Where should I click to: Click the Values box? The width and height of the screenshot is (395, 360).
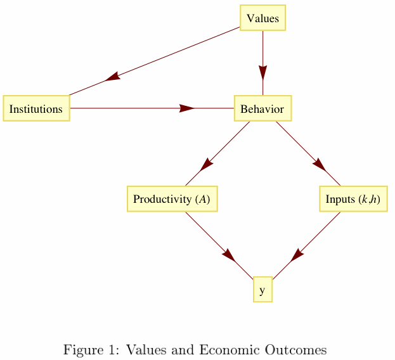262,18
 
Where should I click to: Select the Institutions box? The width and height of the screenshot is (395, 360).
36,108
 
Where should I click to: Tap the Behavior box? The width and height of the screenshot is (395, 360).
262,108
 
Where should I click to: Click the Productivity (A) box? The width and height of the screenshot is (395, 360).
172,199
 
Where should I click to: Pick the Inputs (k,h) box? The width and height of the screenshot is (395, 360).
353,199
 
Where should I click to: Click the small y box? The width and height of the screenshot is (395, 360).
262,290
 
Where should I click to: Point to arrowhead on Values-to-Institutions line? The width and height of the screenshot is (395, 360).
113,77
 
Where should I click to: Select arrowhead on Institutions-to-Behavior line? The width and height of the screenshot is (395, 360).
186,108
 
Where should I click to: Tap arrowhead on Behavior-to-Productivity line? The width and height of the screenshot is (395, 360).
206,165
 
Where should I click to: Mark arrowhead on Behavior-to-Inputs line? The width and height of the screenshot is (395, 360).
319,165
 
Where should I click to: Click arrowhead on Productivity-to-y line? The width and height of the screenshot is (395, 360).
229,255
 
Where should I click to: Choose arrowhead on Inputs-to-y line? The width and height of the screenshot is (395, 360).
297,255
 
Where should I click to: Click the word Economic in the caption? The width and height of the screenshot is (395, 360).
224,350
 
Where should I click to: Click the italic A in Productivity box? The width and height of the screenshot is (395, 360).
202,200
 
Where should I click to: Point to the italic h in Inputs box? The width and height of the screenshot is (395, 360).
374,200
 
